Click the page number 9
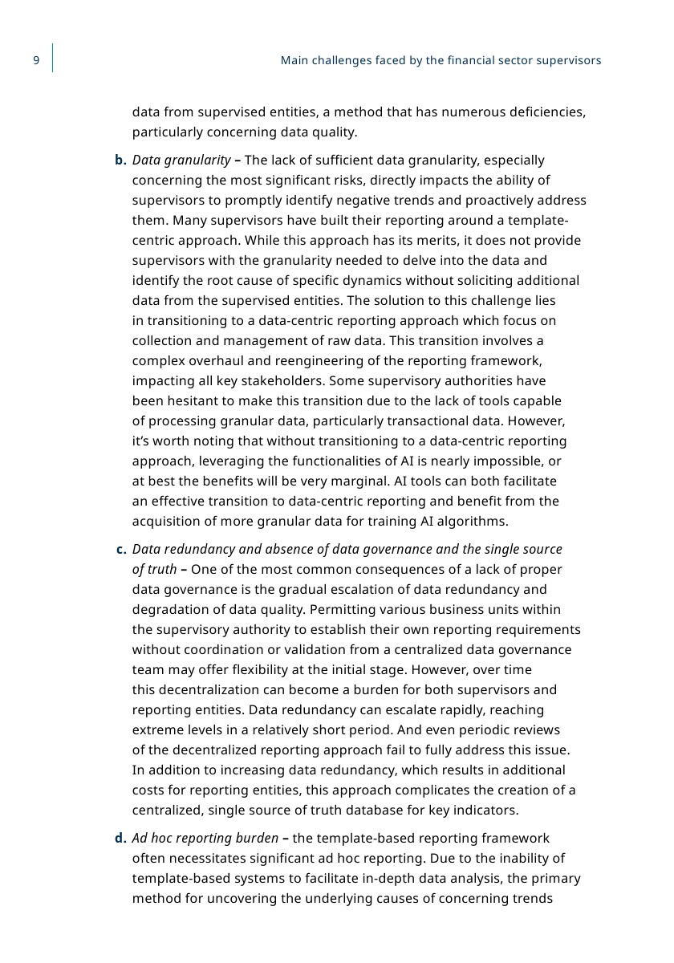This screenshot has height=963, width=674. (x=36, y=61)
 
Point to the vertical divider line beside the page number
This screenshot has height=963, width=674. (x=53, y=59)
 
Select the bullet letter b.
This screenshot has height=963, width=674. (x=120, y=160)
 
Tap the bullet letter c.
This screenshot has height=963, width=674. (x=121, y=550)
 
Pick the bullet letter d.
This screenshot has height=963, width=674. (x=120, y=839)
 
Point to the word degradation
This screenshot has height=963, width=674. (x=169, y=610)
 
